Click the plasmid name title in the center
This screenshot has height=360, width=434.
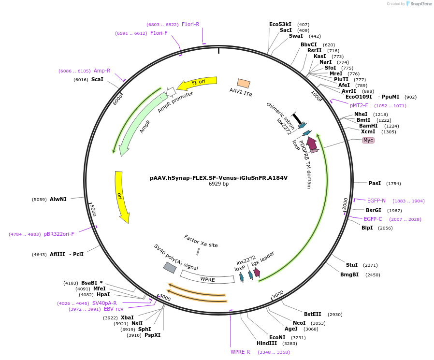tap(218, 178)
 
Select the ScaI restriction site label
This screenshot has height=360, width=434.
tap(97, 79)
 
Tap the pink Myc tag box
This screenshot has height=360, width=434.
tap(368, 140)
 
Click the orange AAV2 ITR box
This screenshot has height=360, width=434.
tap(244, 84)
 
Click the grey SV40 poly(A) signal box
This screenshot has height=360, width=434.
tap(170, 267)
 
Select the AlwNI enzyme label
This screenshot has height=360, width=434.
tap(58, 199)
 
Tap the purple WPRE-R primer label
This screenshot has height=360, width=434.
tap(240, 352)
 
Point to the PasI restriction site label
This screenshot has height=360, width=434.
tap(375, 183)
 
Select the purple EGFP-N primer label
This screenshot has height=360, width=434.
tap(376, 201)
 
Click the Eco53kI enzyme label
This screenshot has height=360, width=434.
tap(280, 24)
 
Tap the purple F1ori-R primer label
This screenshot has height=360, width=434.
tap(190, 24)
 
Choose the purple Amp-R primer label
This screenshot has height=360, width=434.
tap(102, 71)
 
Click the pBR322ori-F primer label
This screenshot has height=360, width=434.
tap(59, 234)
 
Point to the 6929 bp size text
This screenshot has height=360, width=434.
tap(218, 184)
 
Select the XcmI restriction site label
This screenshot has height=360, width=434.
tap(368, 131)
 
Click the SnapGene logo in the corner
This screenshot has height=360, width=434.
tap(419, 4)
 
